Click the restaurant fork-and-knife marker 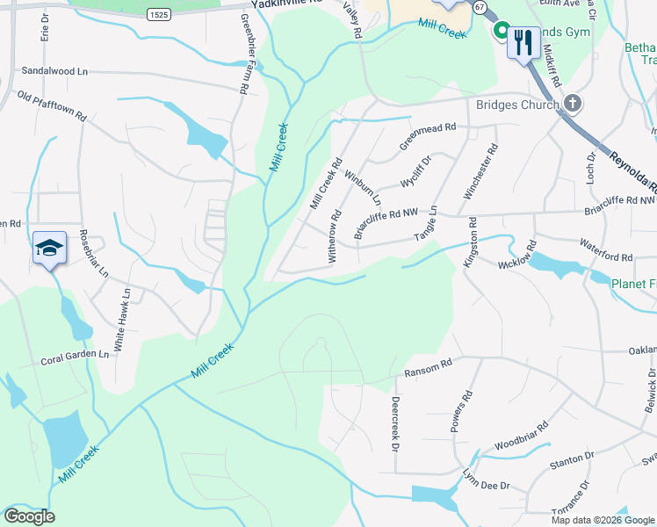click(x=523, y=40)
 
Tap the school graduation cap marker click(x=50, y=249)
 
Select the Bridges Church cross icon click(x=572, y=105)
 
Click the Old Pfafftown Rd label click(x=52, y=104)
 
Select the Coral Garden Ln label click(x=75, y=360)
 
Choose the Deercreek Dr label click(x=394, y=423)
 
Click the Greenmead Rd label click(x=428, y=135)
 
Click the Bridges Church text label click(x=517, y=105)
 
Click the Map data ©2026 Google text click(x=603, y=520)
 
